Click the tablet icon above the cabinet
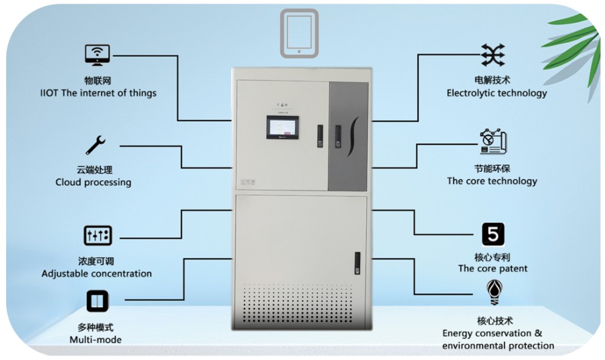coord(299,31)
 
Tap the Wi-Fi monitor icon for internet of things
coord(97,55)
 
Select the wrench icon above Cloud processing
coord(96,145)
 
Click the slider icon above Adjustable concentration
coord(97,235)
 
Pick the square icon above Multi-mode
coord(97,301)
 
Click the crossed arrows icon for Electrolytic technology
coord(492,55)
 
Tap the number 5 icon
coord(492,234)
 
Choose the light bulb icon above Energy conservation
coord(492,293)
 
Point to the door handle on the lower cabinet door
coord(357,261)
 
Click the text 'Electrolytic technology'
coord(497,93)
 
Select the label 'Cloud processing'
coord(93,182)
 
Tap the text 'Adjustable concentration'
coord(97,273)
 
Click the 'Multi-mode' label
coord(96,339)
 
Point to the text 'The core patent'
coord(492,269)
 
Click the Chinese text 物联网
coord(97,80)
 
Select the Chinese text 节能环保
coord(492,168)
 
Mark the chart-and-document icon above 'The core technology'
coord(492,142)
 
